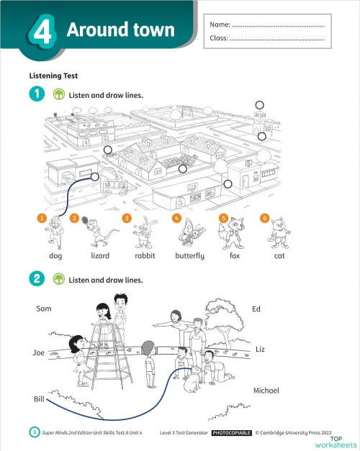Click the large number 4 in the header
click(x=44, y=33)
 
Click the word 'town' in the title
click(x=149, y=30)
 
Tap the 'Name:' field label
click(x=219, y=25)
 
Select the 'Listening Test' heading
click(x=53, y=75)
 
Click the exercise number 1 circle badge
click(x=35, y=94)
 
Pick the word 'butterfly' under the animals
click(x=190, y=255)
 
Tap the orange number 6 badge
click(x=264, y=218)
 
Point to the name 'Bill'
click(x=39, y=398)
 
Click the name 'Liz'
click(x=260, y=349)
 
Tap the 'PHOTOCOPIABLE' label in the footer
click(x=230, y=433)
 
